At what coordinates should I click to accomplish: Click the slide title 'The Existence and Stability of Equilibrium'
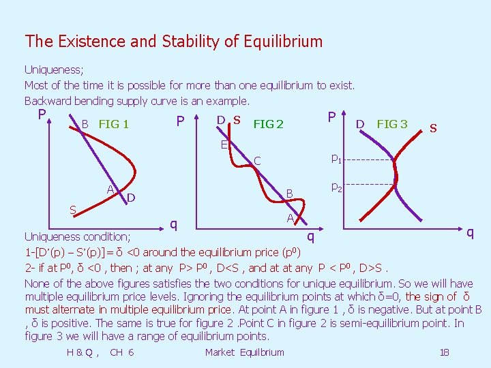tap(173, 42)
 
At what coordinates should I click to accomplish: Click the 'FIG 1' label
tap(114, 125)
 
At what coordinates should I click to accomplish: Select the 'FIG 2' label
tap(268, 125)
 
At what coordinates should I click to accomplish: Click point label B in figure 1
tap(85, 125)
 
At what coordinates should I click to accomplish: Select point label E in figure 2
tap(224, 144)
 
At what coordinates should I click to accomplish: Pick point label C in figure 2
tap(257, 162)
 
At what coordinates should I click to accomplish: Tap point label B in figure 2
tap(289, 194)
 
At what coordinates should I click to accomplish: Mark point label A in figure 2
tap(290, 218)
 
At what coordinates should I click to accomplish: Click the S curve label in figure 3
tap(432, 128)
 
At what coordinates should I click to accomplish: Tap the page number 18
tap(444, 352)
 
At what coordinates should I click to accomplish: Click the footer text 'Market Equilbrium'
tap(244, 352)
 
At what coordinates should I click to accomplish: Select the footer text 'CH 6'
tap(121, 352)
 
